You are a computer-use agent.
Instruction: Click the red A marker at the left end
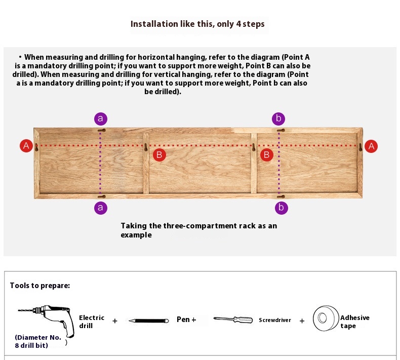(26, 146)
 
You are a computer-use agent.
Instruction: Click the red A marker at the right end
(371, 146)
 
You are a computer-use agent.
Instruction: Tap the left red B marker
(159, 154)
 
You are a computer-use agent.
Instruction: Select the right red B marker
(266, 154)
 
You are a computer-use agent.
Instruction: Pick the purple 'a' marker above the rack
(101, 119)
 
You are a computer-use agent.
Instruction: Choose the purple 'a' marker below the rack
(101, 207)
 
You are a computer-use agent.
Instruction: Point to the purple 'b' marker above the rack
(278, 119)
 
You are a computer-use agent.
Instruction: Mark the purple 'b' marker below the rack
(281, 207)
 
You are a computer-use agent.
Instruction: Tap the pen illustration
(148, 321)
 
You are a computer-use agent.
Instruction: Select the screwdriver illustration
(233, 319)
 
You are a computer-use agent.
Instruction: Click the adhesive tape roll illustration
(325, 318)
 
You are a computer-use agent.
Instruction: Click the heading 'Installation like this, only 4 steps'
(197, 24)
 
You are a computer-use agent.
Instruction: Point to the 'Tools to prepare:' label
(40, 286)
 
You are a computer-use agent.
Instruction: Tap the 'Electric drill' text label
(91, 322)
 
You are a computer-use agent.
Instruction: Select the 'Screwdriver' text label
(275, 321)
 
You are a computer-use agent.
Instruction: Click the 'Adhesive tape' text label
(354, 322)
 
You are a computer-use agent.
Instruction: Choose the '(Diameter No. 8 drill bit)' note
(38, 341)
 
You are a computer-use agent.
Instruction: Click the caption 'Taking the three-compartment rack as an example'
(198, 230)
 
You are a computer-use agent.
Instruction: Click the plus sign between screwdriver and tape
(302, 321)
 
